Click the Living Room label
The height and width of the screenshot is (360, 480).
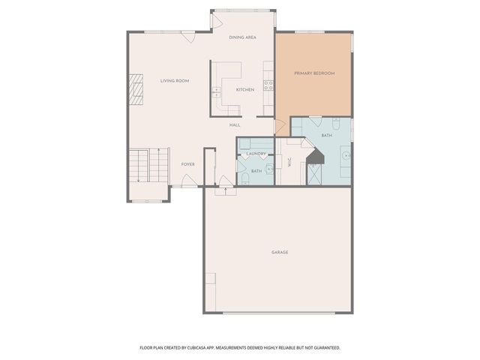[174, 80]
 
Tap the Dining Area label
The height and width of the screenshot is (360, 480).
[242, 37]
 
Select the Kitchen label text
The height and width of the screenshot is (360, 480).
[244, 90]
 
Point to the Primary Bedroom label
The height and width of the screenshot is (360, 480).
[313, 73]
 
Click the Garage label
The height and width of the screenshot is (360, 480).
[280, 252]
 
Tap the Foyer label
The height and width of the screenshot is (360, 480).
[187, 163]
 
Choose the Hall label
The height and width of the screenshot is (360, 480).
[235, 125]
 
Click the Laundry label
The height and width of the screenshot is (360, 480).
[256, 154]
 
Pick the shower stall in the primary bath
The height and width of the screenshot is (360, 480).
[315, 173]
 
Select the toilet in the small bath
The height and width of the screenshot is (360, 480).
[244, 178]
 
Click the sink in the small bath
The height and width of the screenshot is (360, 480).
[268, 170]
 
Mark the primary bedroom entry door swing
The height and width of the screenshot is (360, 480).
[281, 127]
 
